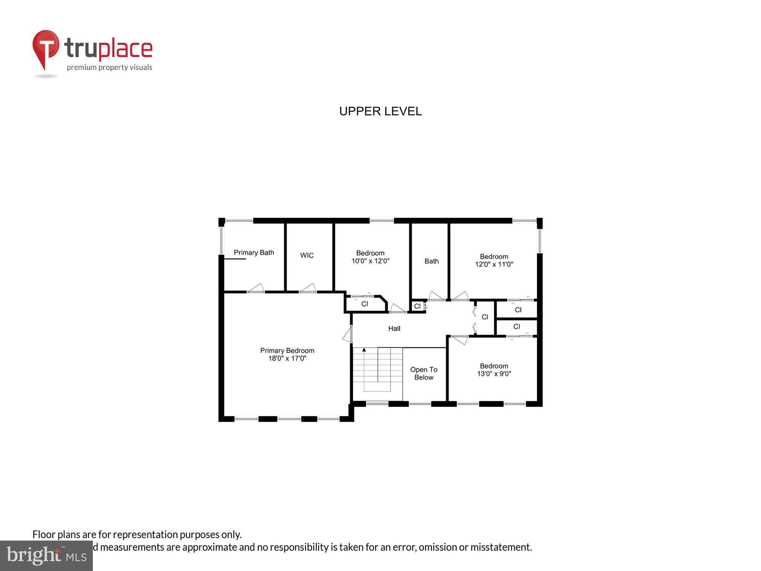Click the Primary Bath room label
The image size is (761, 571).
click(x=254, y=253)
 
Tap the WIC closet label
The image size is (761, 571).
click(x=307, y=255)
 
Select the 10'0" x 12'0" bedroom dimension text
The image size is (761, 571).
click(x=370, y=261)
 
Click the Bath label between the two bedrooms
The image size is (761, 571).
click(x=431, y=261)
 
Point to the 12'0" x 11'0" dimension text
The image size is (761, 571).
click(x=494, y=264)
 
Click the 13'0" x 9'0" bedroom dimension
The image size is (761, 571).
click(x=494, y=374)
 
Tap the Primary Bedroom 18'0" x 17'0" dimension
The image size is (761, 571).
click(x=287, y=358)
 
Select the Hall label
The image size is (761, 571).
click(x=394, y=329)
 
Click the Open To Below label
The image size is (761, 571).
click(x=423, y=373)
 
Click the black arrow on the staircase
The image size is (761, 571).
click(x=364, y=349)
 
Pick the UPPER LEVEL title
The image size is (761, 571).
click(x=380, y=111)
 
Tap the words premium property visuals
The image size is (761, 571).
click(x=110, y=68)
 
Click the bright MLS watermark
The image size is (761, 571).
click(x=46, y=556)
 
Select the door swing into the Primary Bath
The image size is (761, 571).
click(x=256, y=288)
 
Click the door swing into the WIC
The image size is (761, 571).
click(x=309, y=288)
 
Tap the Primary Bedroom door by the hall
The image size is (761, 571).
click(x=348, y=334)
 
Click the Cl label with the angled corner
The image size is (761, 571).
click(x=365, y=304)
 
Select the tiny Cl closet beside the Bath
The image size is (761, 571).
click(x=417, y=306)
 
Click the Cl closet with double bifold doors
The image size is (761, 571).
click(x=485, y=317)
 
